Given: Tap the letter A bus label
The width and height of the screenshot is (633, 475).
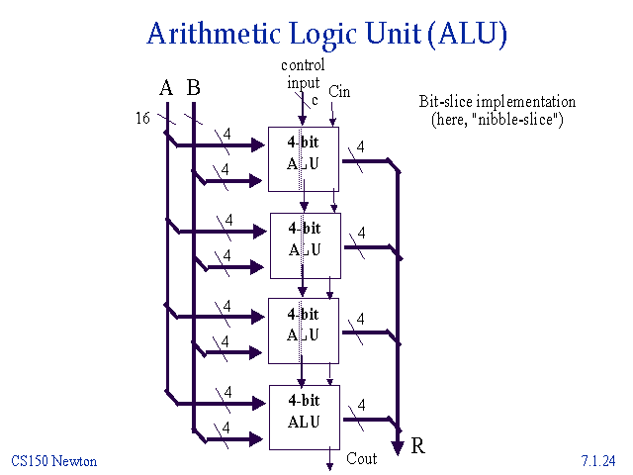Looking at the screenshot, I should pos(166,88).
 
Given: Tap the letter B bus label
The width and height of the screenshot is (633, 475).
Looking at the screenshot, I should pos(193,88).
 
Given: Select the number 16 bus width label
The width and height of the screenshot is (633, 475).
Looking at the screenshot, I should pos(142,119).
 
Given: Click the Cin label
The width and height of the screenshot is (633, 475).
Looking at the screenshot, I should pos(339,91).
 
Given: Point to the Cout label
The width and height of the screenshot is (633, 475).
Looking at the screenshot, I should pos(362,459).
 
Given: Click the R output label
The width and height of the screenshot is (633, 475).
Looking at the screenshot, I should pos(418,446).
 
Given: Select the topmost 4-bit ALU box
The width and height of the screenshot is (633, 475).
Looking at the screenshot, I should pos(304,158).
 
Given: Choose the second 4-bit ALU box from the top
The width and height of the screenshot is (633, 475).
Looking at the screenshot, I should pos(304,244).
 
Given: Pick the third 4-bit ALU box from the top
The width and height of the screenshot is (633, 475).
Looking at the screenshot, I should pos(304,330).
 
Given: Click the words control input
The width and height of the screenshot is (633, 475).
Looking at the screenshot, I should pos(302,74).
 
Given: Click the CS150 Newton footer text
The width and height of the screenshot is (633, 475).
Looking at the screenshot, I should pos(54,461).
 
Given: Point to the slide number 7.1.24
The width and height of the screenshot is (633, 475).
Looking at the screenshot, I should pos(599,461).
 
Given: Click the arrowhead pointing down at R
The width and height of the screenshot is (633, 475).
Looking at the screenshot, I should pos(398,447).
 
